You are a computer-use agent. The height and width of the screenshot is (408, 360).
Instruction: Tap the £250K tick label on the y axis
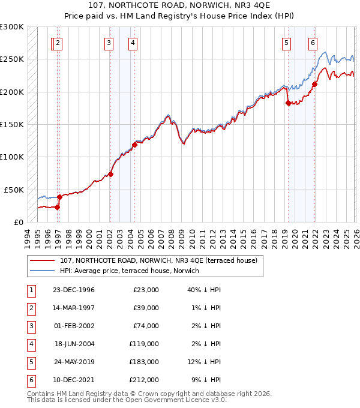point(12,59)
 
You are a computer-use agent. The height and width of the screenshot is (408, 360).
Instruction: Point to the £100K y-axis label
point(12,157)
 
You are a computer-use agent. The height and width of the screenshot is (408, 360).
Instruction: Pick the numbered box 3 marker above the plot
point(109,43)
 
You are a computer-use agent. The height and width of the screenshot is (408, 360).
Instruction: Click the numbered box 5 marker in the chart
point(286,43)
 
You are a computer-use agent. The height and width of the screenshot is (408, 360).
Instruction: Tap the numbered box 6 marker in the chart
point(313,43)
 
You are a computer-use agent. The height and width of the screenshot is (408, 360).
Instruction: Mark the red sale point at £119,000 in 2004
point(135,145)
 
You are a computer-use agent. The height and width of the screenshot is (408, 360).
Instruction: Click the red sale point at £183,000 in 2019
point(288,103)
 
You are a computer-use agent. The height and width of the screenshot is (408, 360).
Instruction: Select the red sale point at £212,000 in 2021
point(314,84)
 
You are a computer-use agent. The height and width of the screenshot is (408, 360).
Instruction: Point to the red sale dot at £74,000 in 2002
point(110,174)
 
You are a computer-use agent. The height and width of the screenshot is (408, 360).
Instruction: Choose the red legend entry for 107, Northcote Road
point(158,260)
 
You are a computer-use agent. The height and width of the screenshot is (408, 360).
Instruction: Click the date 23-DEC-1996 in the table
point(74,290)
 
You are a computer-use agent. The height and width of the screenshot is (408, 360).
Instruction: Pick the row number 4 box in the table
point(30,344)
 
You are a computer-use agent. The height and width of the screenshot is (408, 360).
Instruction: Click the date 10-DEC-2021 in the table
point(74,380)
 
